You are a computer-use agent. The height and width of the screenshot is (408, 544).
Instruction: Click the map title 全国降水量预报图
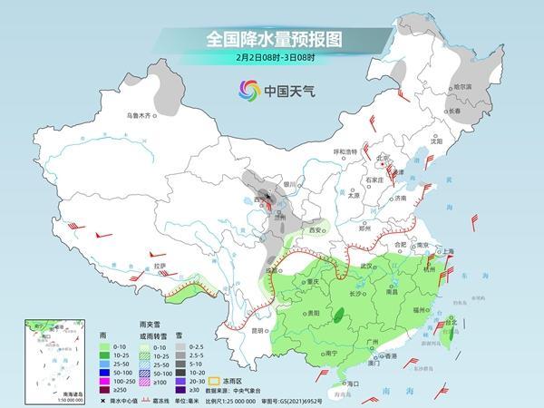coord(271,40)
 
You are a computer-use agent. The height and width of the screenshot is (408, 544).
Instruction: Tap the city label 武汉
coord(367,265)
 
